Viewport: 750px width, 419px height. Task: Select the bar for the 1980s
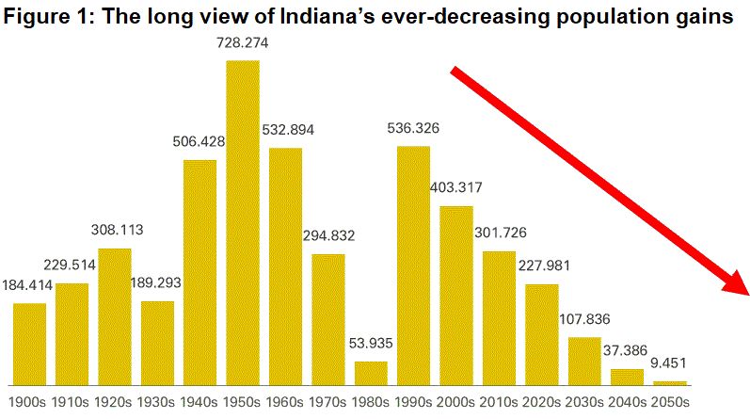coord(371,373)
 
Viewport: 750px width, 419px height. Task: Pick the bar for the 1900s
coord(29,344)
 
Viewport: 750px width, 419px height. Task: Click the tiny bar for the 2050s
coord(670,382)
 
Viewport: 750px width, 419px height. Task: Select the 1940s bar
coord(199,272)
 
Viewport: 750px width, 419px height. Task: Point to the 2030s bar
coord(584,361)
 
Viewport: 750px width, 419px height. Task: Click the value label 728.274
coord(243,43)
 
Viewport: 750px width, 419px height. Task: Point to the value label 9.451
coord(670,363)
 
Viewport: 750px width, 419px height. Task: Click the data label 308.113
coord(115,232)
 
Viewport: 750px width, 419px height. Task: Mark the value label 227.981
coord(542,266)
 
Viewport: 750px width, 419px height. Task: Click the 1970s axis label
coord(328,402)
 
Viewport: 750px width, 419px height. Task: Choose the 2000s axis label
coord(456,402)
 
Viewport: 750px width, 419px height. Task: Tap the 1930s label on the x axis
coord(157,402)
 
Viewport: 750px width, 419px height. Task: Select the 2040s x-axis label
coord(628,402)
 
